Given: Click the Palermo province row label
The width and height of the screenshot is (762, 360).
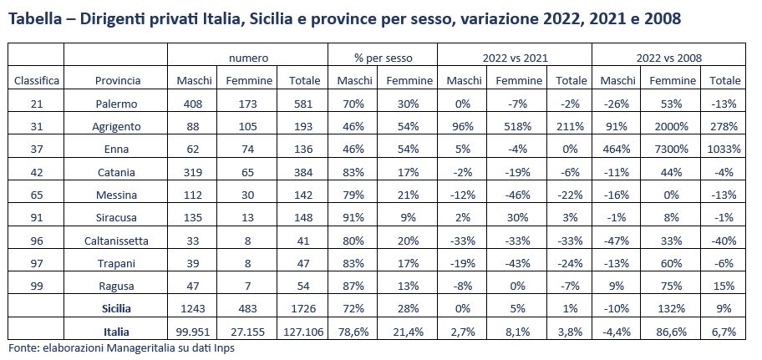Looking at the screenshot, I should coord(117,104).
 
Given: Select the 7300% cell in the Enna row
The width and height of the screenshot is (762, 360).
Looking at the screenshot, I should coord(673,150).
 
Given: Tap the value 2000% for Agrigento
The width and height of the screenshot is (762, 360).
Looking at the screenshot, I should coord(673,127).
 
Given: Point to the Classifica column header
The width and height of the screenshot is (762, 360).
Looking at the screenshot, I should coord(36,81).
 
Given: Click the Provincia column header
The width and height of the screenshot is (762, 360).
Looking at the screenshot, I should coord(117,81).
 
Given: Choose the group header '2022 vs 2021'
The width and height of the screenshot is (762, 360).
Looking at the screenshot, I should coord(513,58).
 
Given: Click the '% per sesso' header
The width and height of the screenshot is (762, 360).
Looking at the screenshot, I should coord(383,58).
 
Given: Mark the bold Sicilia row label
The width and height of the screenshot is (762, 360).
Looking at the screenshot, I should coord(117,308).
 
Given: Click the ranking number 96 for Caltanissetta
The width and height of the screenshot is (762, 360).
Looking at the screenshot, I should coord(36,241).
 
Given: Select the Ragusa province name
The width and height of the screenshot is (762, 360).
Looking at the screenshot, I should coord(117,286).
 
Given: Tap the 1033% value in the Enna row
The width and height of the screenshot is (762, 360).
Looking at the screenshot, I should coord(724,150).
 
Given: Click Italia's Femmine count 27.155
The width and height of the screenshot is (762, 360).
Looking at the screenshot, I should coord(246,331).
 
